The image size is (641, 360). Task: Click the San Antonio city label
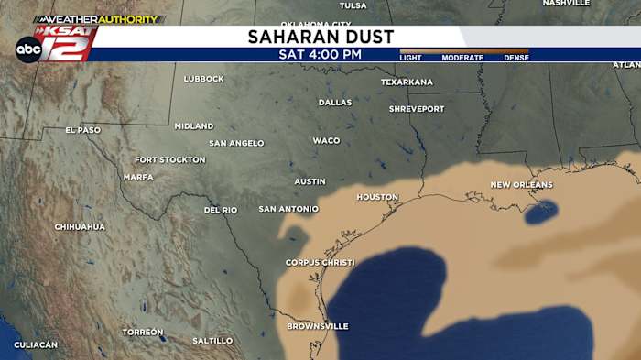[x=288, y=209]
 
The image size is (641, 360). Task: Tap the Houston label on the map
[x=377, y=197]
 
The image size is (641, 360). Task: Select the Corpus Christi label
[x=320, y=263]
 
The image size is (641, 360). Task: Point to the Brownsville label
[x=318, y=326]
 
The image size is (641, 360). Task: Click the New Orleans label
[x=521, y=185]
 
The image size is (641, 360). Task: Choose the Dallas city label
[x=335, y=103]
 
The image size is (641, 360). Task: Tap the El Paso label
[x=83, y=130]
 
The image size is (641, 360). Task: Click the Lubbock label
[x=203, y=79]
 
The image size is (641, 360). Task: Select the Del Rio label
[x=221, y=211]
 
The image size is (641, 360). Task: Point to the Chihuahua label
[x=80, y=226]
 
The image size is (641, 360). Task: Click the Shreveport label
[x=417, y=109]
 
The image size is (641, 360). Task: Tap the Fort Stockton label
[x=170, y=159]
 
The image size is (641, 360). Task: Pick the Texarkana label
[x=407, y=82]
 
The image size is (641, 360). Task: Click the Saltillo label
[x=212, y=341]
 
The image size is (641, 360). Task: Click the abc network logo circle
[x=28, y=49]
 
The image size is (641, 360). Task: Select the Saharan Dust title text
[x=320, y=37]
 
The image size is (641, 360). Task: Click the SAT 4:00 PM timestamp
[x=320, y=54]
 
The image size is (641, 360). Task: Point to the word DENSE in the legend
[x=516, y=58]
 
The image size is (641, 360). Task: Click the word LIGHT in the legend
[x=411, y=58]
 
